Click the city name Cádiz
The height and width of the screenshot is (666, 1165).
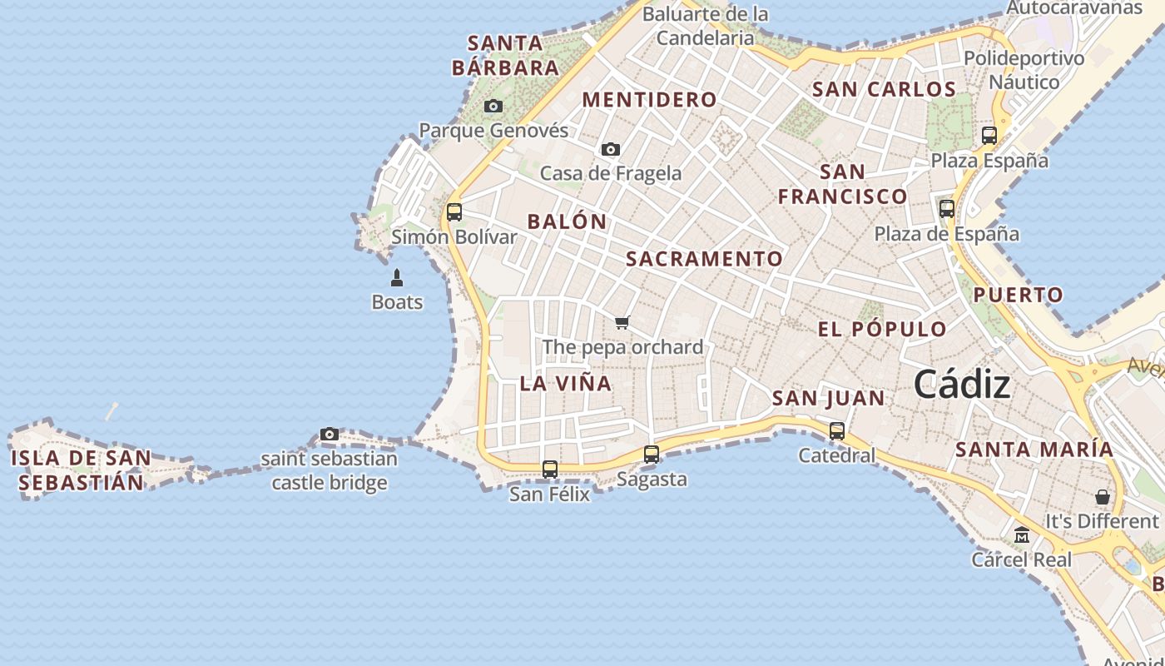[x=962, y=385]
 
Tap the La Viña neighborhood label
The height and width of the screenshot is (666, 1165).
[x=566, y=384]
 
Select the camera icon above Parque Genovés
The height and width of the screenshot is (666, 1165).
[x=493, y=107]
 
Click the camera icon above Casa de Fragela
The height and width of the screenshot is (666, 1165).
[x=611, y=150]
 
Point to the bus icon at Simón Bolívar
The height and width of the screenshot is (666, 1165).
[x=454, y=212]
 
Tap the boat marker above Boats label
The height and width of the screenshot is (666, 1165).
[x=397, y=278]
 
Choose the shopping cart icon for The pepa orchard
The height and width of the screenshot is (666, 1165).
[x=622, y=323]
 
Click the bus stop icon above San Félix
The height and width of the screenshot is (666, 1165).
[x=550, y=470]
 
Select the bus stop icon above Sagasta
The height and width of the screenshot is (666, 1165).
[x=652, y=455]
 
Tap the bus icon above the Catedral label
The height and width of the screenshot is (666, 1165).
[x=837, y=431]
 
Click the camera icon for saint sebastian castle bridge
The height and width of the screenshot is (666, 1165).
[x=330, y=435]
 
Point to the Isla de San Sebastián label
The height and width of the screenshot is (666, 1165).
[x=81, y=470]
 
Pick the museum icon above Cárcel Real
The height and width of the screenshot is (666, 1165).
[x=1022, y=535]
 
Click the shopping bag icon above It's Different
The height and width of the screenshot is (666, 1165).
[x=1103, y=497]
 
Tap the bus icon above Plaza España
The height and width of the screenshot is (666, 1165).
[x=989, y=136]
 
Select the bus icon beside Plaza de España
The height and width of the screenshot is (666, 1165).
[x=947, y=209]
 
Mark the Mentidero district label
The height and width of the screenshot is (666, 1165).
[x=649, y=100]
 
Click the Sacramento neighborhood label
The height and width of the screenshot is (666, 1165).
[x=704, y=259]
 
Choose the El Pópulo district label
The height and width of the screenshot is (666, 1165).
[x=882, y=329]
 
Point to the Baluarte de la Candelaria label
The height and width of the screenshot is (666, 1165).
[x=706, y=26]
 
